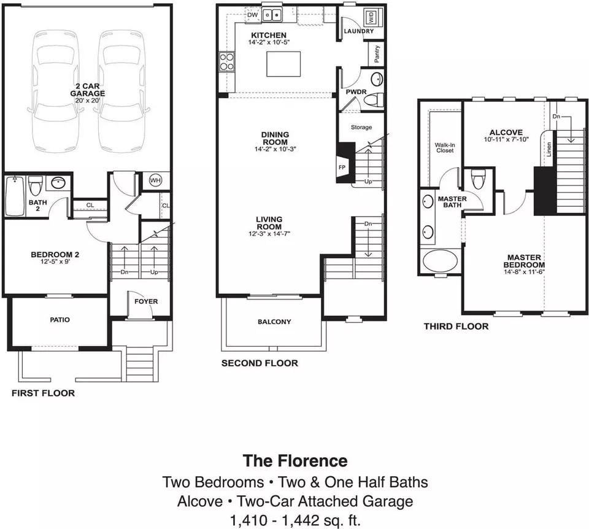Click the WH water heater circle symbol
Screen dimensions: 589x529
[155, 180]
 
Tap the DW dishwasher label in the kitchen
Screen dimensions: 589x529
[253, 15]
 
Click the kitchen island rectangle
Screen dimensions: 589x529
[283, 64]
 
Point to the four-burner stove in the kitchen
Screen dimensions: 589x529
[226, 61]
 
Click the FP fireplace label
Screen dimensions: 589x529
[342, 168]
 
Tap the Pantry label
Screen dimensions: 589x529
[377, 55]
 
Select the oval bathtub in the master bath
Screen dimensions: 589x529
[441, 261]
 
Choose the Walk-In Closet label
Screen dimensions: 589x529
[444, 148]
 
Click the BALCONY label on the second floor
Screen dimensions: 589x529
[274, 322]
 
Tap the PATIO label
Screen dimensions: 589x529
[60, 320]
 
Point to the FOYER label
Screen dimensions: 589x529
[146, 301]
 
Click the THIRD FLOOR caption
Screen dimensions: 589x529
[456, 326]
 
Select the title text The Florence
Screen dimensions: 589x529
[295, 461]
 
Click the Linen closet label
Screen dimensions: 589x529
[549, 149]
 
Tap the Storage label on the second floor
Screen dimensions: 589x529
[361, 128]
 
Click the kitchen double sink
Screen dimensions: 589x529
[272, 15]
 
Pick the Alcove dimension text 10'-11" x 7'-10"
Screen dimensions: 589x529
[506, 139]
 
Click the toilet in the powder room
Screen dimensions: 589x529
[374, 100]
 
